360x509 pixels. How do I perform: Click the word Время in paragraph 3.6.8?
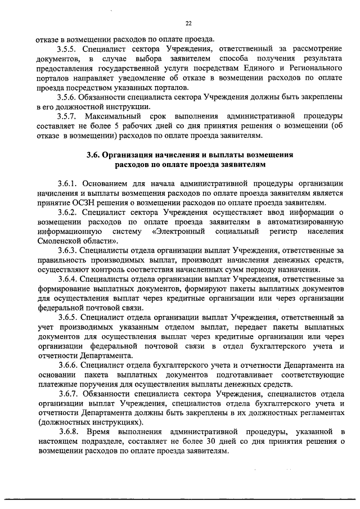(99, 431)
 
